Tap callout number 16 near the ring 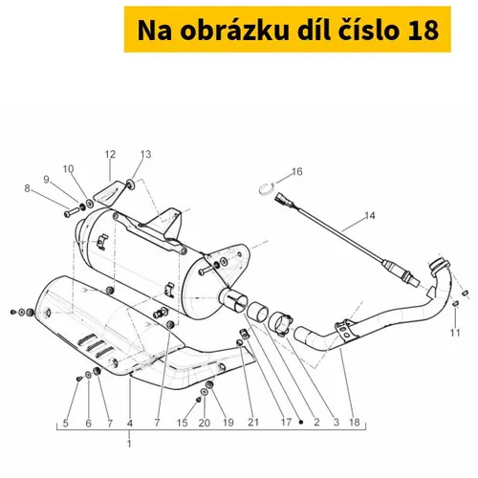coord(296,172)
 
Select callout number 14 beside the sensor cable coord(370,216)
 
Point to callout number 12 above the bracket coord(110,155)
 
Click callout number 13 coord(145,154)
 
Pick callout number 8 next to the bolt coord(27,188)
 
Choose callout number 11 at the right coord(455,333)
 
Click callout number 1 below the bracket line coord(129,444)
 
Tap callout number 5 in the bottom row coord(66,423)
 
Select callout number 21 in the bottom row coord(253,423)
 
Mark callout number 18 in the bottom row coord(355,423)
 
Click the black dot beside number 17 coord(301,423)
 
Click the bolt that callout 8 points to coord(72,212)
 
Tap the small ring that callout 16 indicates coord(266,189)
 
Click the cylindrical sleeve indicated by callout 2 coord(258,311)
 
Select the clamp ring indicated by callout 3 coord(280,323)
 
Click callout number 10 coord(68,169)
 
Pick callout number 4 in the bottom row coord(129,423)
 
